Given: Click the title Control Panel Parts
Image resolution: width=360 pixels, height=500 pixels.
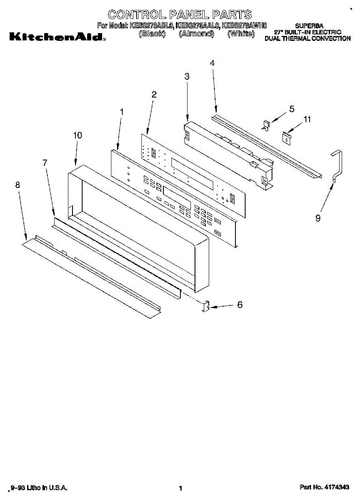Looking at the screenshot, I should click(x=180, y=15).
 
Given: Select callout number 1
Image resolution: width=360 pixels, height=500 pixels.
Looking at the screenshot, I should click(x=122, y=112).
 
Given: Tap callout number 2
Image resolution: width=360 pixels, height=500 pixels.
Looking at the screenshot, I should click(x=154, y=95).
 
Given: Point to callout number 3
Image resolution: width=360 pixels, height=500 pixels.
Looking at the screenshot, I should click(x=187, y=76).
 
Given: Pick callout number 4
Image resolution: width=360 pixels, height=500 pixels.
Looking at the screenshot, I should click(x=212, y=63).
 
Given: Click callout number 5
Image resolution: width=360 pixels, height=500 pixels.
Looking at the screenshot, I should click(x=292, y=109).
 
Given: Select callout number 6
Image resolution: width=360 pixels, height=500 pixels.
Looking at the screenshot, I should click(x=240, y=305).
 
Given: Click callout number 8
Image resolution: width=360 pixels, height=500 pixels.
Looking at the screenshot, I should click(x=17, y=185).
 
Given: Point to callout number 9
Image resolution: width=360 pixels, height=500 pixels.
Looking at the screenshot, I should click(x=318, y=217).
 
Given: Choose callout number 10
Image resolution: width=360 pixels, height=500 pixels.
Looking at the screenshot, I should click(x=77, y=135).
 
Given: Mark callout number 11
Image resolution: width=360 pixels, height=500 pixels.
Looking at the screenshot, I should click(x=307, y=120).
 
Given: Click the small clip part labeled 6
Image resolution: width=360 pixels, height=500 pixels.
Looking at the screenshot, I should click(x=205, y=307).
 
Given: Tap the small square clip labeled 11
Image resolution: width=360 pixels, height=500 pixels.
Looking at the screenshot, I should click(x=286, y=137).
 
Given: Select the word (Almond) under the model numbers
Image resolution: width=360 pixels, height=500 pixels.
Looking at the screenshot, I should click(x=196, y=34).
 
